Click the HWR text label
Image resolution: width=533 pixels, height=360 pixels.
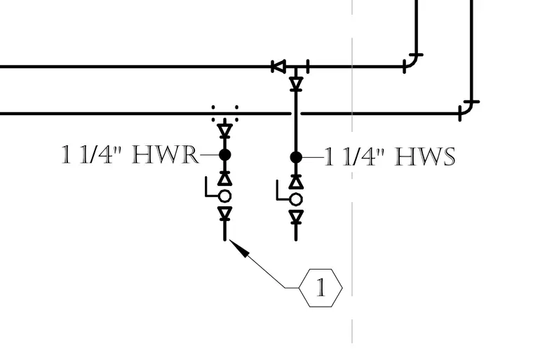166,155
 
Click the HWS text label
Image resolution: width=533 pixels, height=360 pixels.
425,156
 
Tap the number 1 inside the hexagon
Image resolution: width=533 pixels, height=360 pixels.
321,288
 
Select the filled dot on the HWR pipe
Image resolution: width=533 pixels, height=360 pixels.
224,155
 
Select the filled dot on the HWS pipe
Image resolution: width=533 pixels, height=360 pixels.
296,157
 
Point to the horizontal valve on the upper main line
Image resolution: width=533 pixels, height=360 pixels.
278,67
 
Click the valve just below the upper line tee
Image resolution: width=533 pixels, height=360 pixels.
296,84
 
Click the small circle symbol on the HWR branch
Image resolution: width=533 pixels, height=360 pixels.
224,196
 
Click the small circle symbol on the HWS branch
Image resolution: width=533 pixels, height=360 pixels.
296,199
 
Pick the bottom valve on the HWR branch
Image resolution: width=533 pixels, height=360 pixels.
224,213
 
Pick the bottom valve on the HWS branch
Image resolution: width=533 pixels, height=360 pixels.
296,217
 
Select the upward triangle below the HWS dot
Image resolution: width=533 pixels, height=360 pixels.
296,182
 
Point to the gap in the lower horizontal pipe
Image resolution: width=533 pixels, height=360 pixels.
296,113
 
